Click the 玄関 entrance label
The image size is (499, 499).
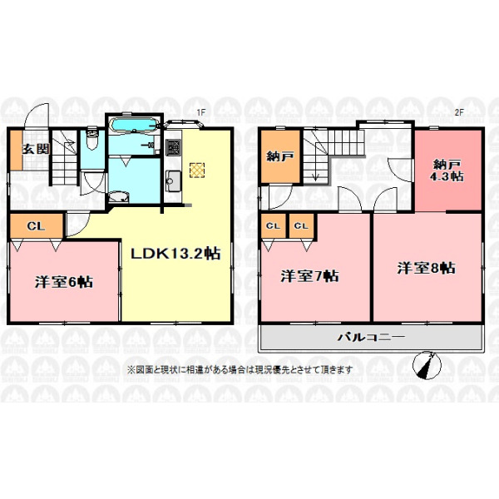click(x=36, y=149)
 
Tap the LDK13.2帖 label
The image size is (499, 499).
click(x=175, y=254)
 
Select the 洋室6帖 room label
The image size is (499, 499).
click(x=64, y=282)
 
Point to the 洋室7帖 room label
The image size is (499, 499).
click(x=309, y=275)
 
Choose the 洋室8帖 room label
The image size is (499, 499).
click(x=426, y=268)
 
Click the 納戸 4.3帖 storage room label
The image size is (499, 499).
click(x=447, y=170)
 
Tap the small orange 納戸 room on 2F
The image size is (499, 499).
click(x=280, y=156)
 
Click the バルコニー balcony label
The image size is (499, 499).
click(x=372, y=336)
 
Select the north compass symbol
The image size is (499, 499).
click(x=427, y=365)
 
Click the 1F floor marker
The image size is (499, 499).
click(x=201, y=112)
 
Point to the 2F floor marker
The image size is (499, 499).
click(x=459, y=112)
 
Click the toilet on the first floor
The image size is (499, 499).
click(x=92, y=139)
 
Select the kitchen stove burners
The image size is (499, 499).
click(x=173, y=147)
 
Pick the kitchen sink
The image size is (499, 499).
click(x=173, y=181)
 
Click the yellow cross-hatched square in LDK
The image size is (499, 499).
click(x=197, y=170)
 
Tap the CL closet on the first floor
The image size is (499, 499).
click(x=37, y=226)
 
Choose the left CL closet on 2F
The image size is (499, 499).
click(x=274, y=225)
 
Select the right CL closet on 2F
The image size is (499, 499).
click(x=302, y=225)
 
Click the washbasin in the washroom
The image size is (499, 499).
click(x=118, y=196)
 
